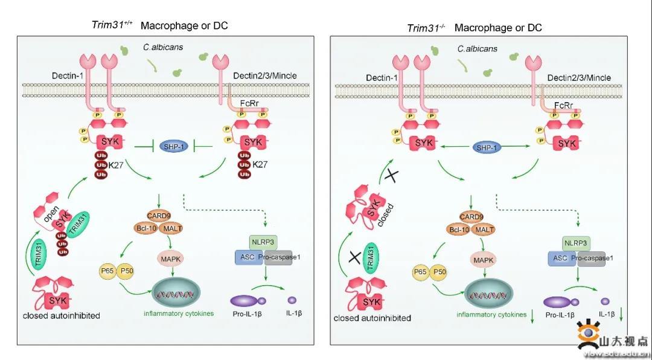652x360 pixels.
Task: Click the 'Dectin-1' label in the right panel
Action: pyautogui.click(x=382, y=78)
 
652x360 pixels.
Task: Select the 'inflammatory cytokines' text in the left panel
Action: pyautogui.click(x=179, y=313)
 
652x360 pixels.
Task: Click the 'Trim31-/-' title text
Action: pyautogui.click(x=426, y=28)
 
